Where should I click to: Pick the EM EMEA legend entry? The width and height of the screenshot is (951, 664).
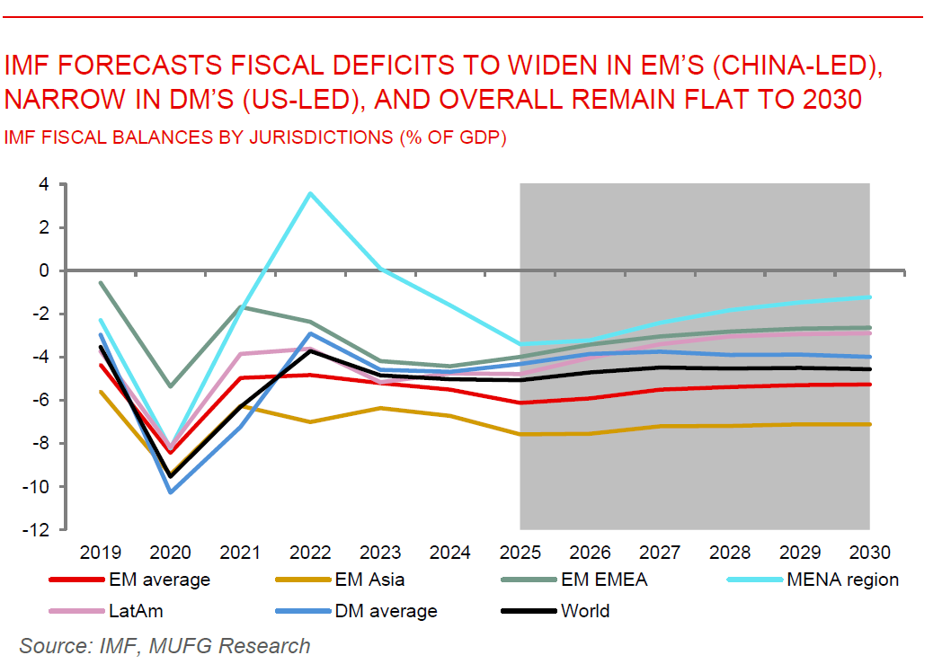(x=603, y=580)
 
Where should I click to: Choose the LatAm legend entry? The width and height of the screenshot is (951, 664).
(x=136, y=611)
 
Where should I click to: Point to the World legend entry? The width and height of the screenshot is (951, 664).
(x=584, y=611)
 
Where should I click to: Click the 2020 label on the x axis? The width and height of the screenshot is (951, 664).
(x=170, y=551)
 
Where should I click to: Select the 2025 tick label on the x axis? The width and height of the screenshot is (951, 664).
(x=520, y=551)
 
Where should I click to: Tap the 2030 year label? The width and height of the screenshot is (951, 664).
(x=869, y=551)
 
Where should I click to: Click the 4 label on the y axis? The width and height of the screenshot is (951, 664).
(x=42, y=184)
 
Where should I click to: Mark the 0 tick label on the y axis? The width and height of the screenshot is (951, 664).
(x=42, y=270)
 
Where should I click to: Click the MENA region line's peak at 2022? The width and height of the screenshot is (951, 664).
(x=310, y=193)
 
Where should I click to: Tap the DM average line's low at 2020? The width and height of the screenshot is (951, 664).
(x=171, y=491)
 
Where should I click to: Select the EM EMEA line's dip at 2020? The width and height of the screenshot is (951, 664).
(x=171, y=386)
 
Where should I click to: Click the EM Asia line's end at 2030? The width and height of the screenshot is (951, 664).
(x=869, y=424)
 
